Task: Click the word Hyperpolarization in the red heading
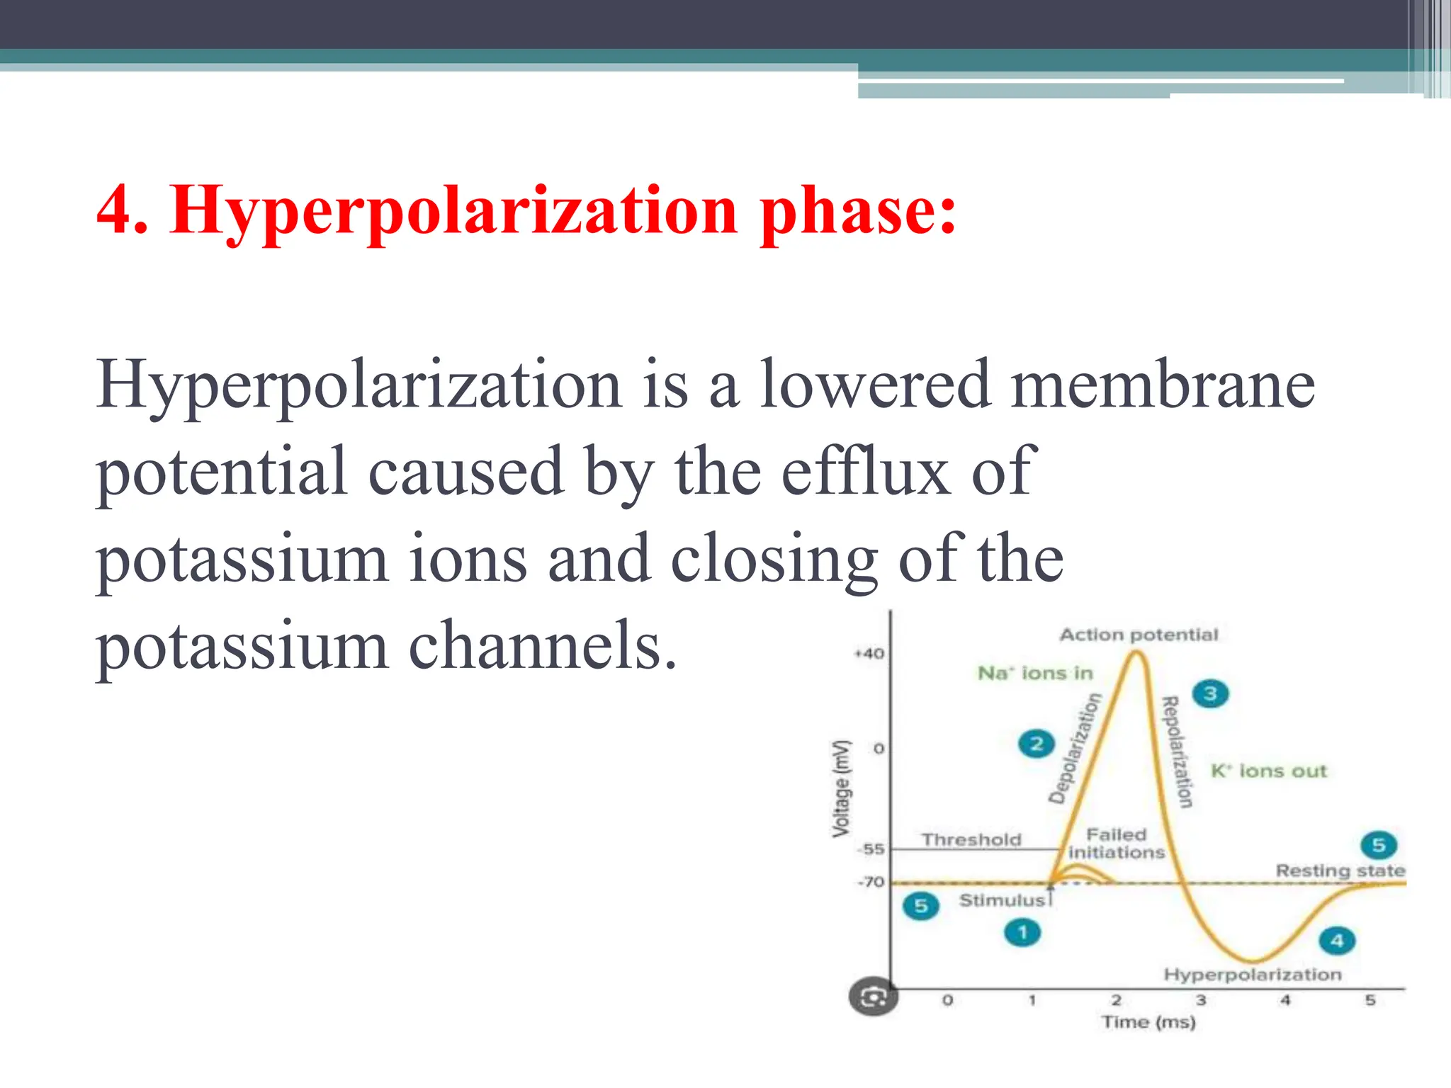[453, 211]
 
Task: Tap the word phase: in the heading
[857, 211]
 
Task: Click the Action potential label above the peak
[1139, 635]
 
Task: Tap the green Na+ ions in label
[1035, 673]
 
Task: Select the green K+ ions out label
[1268, 771]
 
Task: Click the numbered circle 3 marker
[1210, 693]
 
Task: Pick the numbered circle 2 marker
[1037, 744]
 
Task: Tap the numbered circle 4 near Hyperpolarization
[1336, 941]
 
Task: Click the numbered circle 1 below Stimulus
[1022, 932]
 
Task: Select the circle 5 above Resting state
[1378, 844]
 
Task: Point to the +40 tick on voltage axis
[869, 653]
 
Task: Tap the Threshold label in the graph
[971, 840]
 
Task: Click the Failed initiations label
[1117, 844]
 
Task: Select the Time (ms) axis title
[1148, 1022]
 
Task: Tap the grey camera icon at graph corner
[873, 997]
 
